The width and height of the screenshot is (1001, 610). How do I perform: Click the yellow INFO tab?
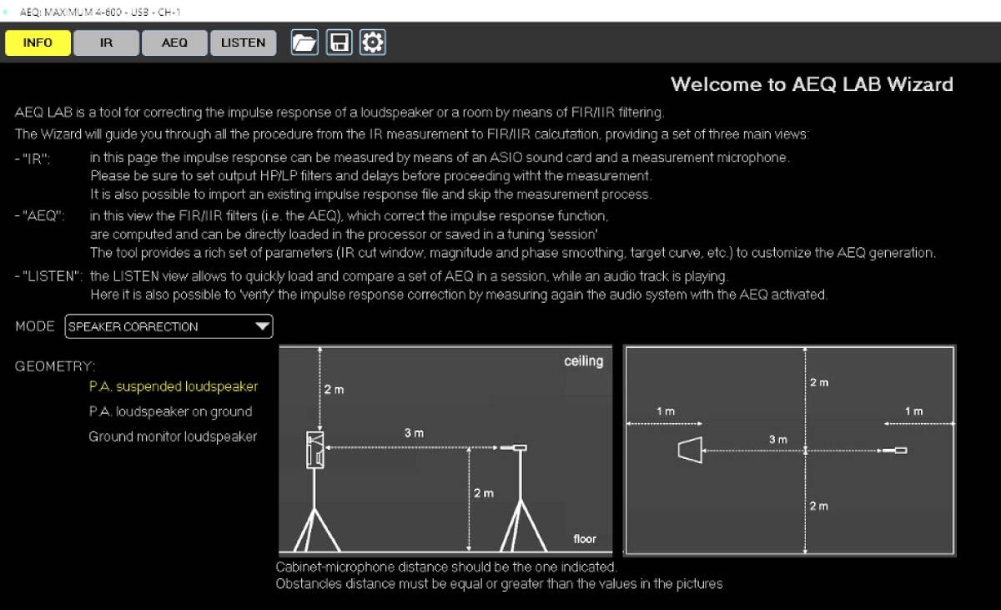38,43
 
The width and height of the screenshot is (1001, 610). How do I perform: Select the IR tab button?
106,43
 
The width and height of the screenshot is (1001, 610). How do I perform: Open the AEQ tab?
174,43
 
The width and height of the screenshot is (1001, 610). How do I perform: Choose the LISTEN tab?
243,43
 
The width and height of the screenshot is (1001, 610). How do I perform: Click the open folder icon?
304,43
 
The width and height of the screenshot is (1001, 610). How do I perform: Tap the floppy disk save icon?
339,43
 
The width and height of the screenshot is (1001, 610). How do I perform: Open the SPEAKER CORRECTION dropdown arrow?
262,326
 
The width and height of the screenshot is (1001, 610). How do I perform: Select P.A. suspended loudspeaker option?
174,386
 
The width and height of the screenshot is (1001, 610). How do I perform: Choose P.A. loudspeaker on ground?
170,411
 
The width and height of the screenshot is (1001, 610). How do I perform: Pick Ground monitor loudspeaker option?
173,436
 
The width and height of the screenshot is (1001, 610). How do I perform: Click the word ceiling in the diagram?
583,361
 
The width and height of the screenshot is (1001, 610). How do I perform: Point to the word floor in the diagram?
585,539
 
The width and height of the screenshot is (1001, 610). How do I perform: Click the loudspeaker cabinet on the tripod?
315,451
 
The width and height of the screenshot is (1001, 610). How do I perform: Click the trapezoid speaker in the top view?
691,451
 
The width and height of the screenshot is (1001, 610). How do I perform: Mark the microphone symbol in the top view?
898,451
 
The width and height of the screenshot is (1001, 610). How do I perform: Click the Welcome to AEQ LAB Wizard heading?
812,84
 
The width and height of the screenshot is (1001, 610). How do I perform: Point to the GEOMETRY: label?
55,366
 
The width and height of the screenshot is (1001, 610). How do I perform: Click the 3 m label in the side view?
414,433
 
